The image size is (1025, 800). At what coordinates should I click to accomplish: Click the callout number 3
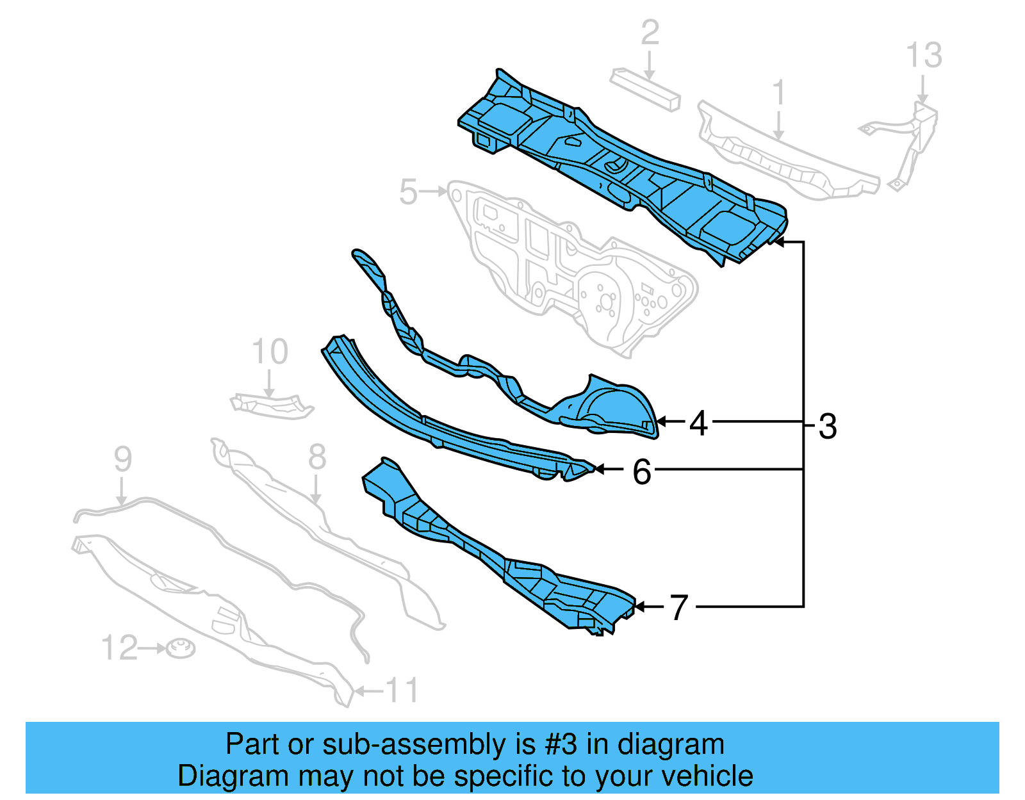(828, 426)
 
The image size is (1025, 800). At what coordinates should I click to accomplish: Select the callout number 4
(698, 423)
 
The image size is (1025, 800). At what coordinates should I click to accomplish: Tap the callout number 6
(642, 472)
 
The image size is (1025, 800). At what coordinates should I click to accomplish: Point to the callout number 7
(679, 607)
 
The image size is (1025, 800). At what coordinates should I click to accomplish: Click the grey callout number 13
(924, 55)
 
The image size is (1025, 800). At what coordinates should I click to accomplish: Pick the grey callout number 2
(650, 32)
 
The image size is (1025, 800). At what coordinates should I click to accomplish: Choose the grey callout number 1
(778, 92)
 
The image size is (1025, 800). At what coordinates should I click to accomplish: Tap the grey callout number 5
(408, 192)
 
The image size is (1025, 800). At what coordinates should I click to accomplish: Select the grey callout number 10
(270, 352)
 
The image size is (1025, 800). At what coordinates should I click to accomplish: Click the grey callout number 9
(122, 459)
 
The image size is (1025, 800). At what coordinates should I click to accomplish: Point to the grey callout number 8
(317, 457)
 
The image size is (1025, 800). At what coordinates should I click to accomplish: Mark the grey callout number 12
(119, 648)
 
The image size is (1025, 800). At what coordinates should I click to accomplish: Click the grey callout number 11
(402, 690)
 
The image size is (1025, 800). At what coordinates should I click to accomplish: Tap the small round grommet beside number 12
(181, 649)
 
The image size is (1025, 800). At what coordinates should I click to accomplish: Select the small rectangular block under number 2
(645, 90)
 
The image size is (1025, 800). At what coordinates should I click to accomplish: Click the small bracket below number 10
(272, 406)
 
